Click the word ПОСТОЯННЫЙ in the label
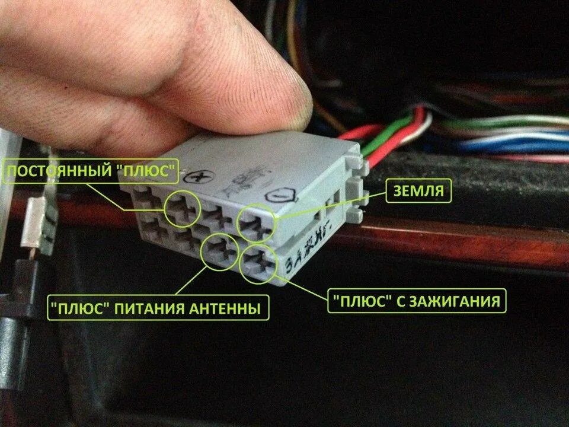pos(59,173)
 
